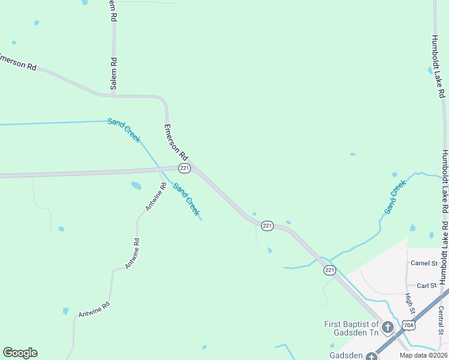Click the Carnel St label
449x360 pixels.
pos(424,263)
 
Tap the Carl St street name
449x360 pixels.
pos(426,286)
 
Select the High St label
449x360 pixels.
pos(410,304)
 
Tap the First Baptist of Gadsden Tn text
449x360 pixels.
pos(351,328)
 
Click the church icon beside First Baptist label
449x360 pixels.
pos(388,328)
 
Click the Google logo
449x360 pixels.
pos(20,353)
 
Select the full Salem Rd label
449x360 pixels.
pos(113,73)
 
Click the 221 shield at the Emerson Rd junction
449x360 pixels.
pos(184,169)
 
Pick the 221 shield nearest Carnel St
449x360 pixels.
pos(330,271)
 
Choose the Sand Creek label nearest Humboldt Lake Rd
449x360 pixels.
pos(396,197)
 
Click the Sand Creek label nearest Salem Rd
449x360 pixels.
pos(124,130)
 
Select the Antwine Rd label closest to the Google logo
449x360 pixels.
pos(94,310)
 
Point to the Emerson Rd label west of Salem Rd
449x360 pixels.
pos(18,62)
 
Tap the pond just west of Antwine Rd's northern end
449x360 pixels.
pos(136,186)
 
